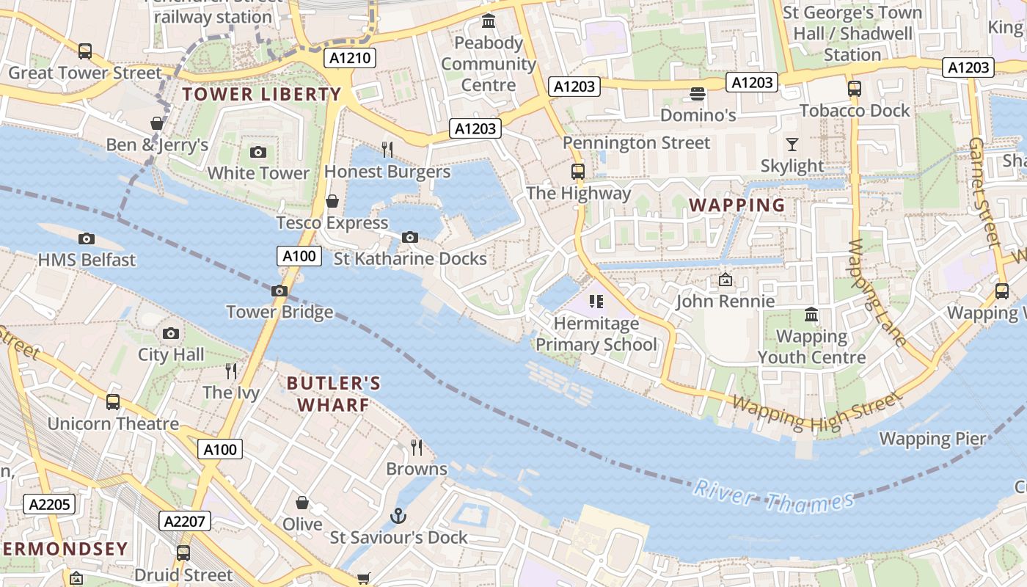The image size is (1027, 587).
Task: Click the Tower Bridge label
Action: (x=279, y=312)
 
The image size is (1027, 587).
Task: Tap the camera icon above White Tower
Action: (x=258, y=152)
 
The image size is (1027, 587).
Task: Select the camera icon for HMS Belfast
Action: (x=87, y=238)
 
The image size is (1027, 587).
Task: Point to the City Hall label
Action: (x=171, y=355)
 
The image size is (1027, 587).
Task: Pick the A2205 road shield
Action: (x=49, y=504)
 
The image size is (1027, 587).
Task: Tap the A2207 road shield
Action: (x=186, y=521)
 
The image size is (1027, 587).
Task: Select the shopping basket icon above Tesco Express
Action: (x=332, y=201)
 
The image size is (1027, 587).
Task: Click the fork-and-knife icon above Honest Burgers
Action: (x=387, y=150)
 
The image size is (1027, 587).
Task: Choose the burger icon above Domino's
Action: (x=697, y=94)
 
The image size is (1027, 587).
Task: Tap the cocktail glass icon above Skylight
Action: (x=792, y=144)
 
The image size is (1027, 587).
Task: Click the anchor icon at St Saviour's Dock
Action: (x=398, y=516)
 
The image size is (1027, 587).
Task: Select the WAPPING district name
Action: (x=737, y=205)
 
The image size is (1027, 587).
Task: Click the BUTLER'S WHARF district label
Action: (x=334, y=394)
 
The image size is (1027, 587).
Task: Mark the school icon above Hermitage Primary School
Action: (x=596, y=302)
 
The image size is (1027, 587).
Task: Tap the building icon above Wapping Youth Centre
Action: (x=811, y=315)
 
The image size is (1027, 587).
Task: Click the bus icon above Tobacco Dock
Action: (x=854, y=89)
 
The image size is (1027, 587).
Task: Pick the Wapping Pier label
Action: (x=932, y=439)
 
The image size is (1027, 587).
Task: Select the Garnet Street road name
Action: (x=985, y=191)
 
